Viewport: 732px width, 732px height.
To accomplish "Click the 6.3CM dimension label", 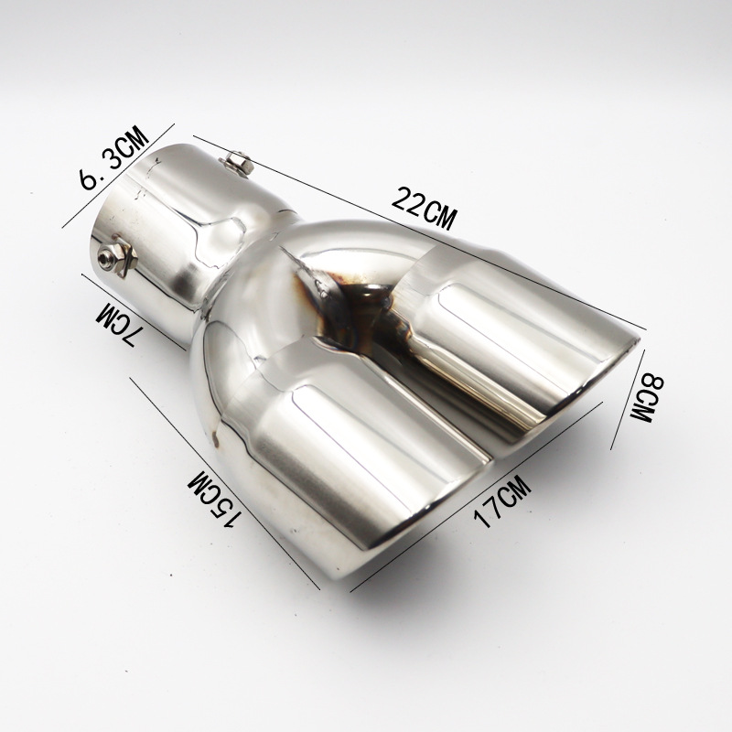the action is pyautogui.click(x=114, y=157).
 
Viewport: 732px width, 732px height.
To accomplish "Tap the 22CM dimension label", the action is pyautogui.click(x=423, y=209).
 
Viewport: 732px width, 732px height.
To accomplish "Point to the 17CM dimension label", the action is pyautogui.click(x=501, y=501).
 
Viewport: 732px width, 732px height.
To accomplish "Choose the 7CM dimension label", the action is pyautogui.click(x=116, y=324).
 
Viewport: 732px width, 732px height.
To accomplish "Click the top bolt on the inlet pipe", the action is pyautogui.click(x=237, y=164).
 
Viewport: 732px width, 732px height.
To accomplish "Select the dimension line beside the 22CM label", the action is pyautogui.click(x=419, y=232).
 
